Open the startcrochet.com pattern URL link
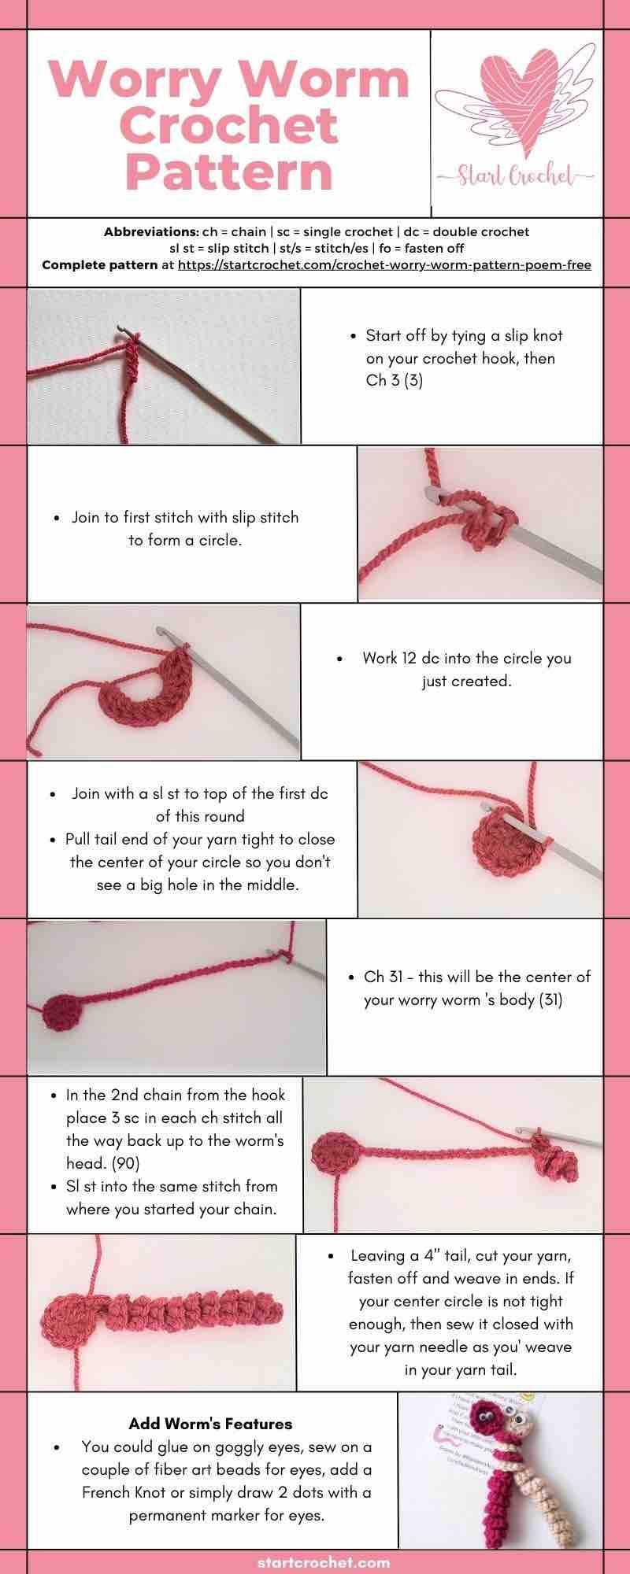coord(384,264)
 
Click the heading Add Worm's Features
coord(210,1424)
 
